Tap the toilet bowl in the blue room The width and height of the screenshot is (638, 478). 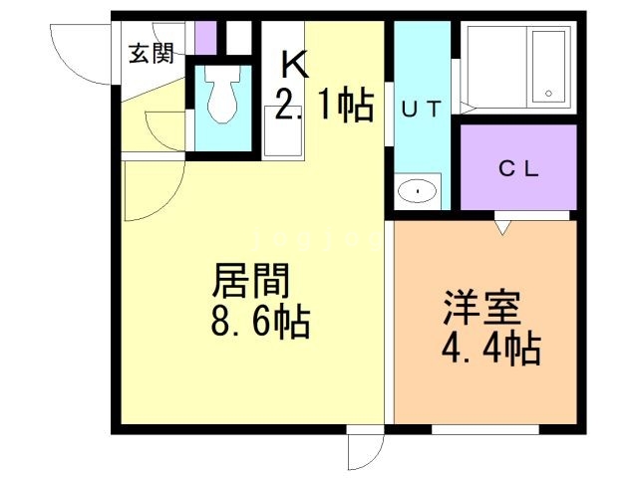click(x=221, y=98)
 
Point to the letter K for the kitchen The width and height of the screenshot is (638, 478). click(x=295, y=65)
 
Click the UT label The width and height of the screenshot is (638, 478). click(x=420, y=111)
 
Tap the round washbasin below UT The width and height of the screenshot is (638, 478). click(x=420, y=190)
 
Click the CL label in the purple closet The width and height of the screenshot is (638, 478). click(x=518, y=168)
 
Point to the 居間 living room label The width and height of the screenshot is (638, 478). click(x=250, y=282)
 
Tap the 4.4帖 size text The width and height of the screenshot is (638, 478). click(x=489, y=350)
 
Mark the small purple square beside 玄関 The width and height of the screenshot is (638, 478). click(x=205, y=38)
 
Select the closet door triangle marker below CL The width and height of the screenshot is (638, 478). click(x=502, y=228)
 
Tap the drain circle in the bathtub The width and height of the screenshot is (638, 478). click(x=547, y=95)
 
